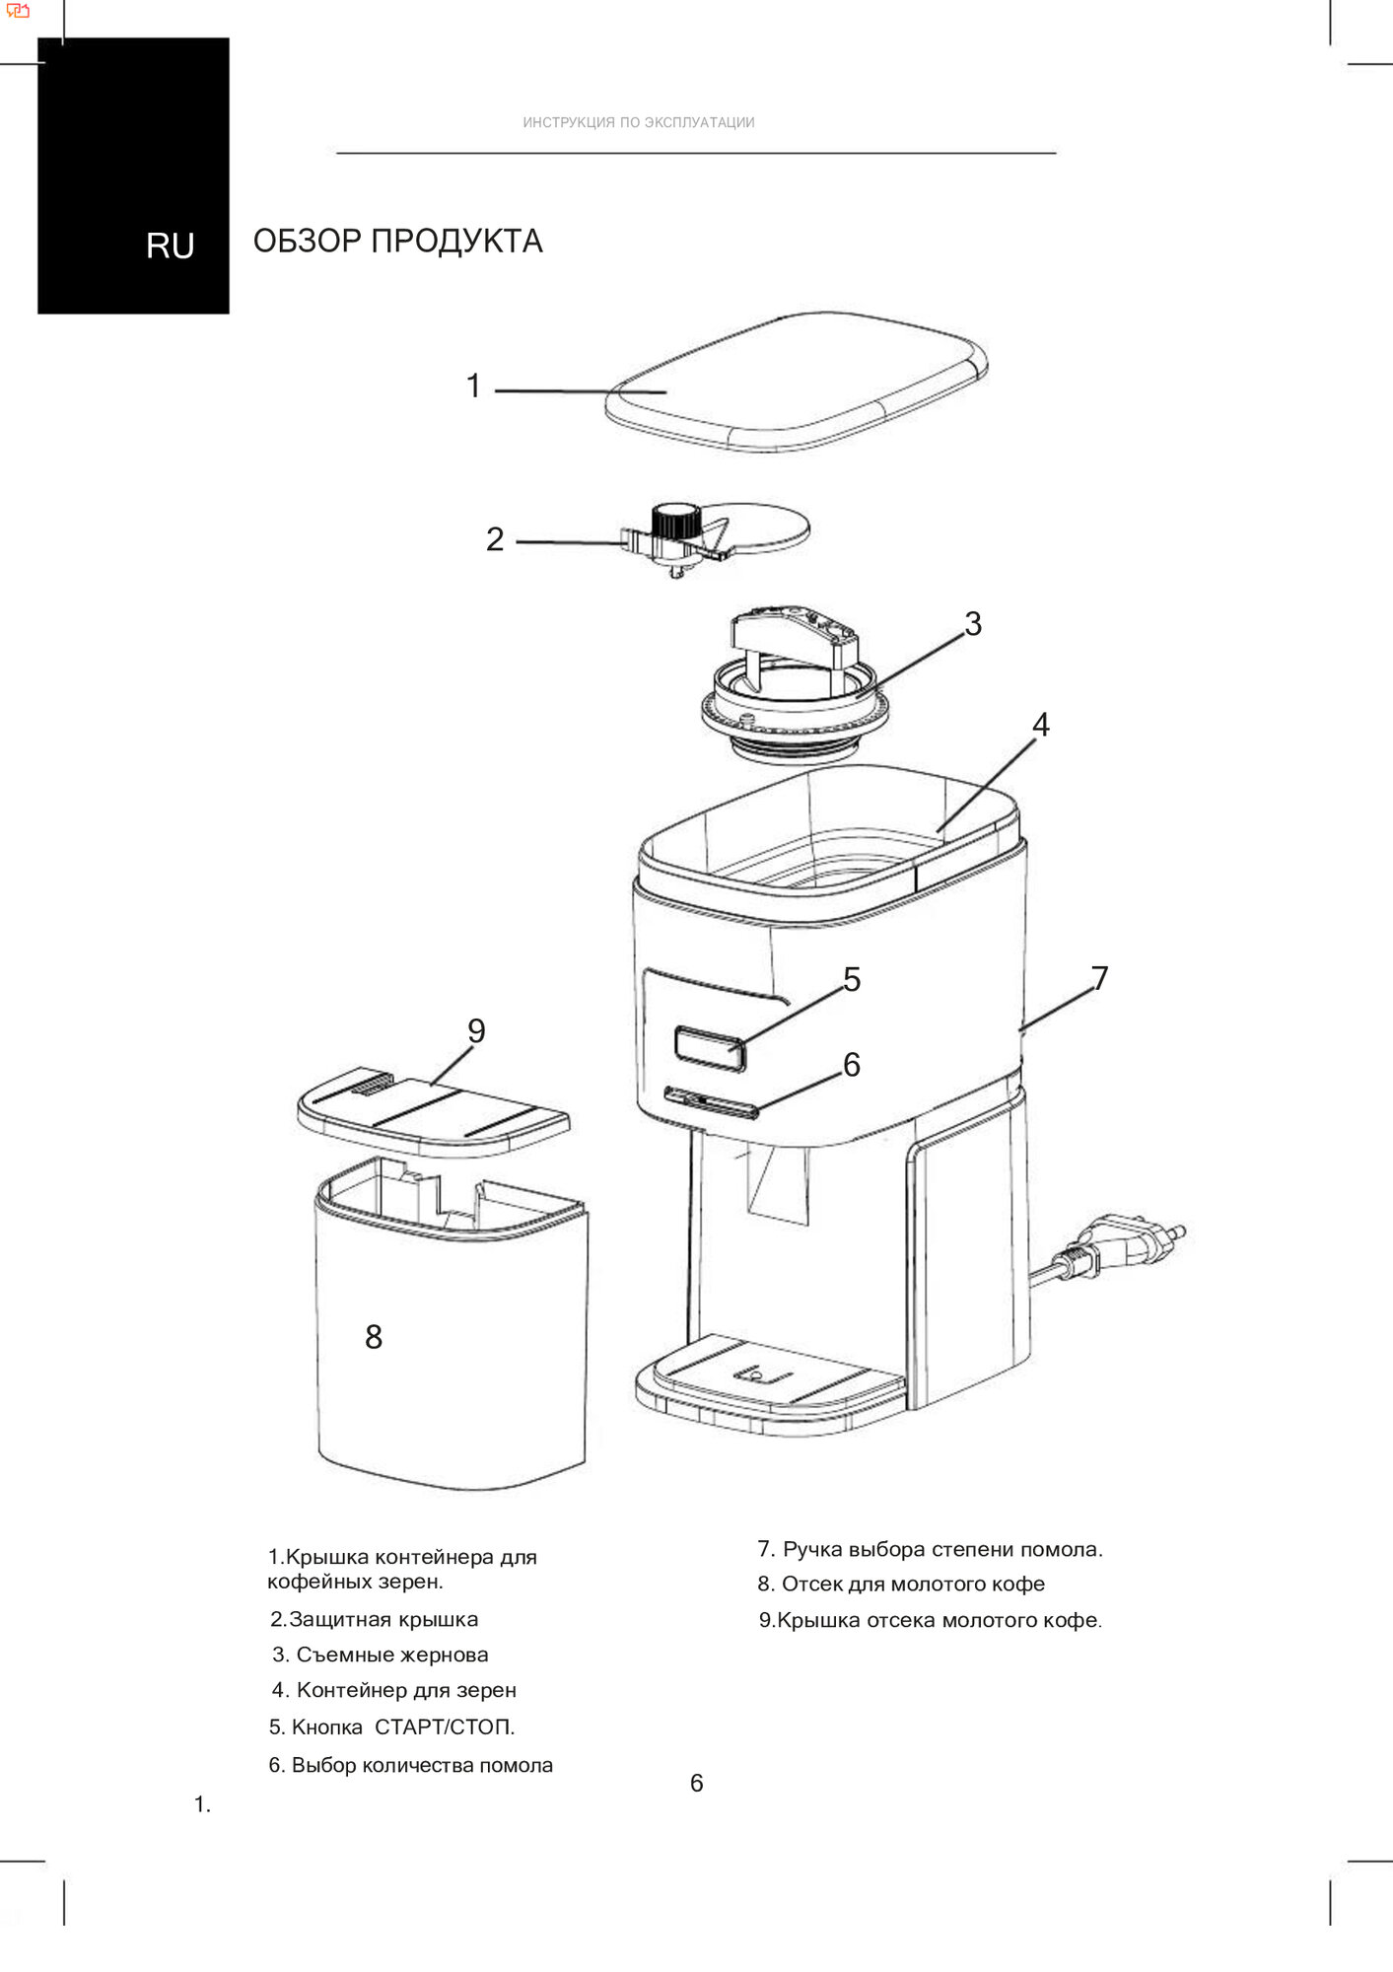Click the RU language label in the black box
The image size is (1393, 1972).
point(170,246)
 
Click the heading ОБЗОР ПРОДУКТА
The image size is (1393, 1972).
point(397,242)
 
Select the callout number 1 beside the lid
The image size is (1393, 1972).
point(474,386)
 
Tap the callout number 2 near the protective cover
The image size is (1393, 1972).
point(495,539)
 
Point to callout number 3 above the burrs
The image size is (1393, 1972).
point(973,624)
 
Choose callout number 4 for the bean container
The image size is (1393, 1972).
point(1041,725)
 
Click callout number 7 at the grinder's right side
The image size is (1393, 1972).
point(1100,978)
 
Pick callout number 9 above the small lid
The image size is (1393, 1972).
point(476,1031)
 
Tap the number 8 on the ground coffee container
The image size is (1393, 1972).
point(374,1337)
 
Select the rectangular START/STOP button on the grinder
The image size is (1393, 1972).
point(710,1047)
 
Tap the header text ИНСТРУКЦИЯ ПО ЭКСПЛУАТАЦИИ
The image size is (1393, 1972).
point(639,123)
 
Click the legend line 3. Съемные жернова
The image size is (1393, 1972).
point(381,1655)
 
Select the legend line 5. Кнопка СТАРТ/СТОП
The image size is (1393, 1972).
point(392,1726)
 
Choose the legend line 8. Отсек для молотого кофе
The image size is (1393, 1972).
point(901,1584)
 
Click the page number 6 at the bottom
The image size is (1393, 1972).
point(697,1783)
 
